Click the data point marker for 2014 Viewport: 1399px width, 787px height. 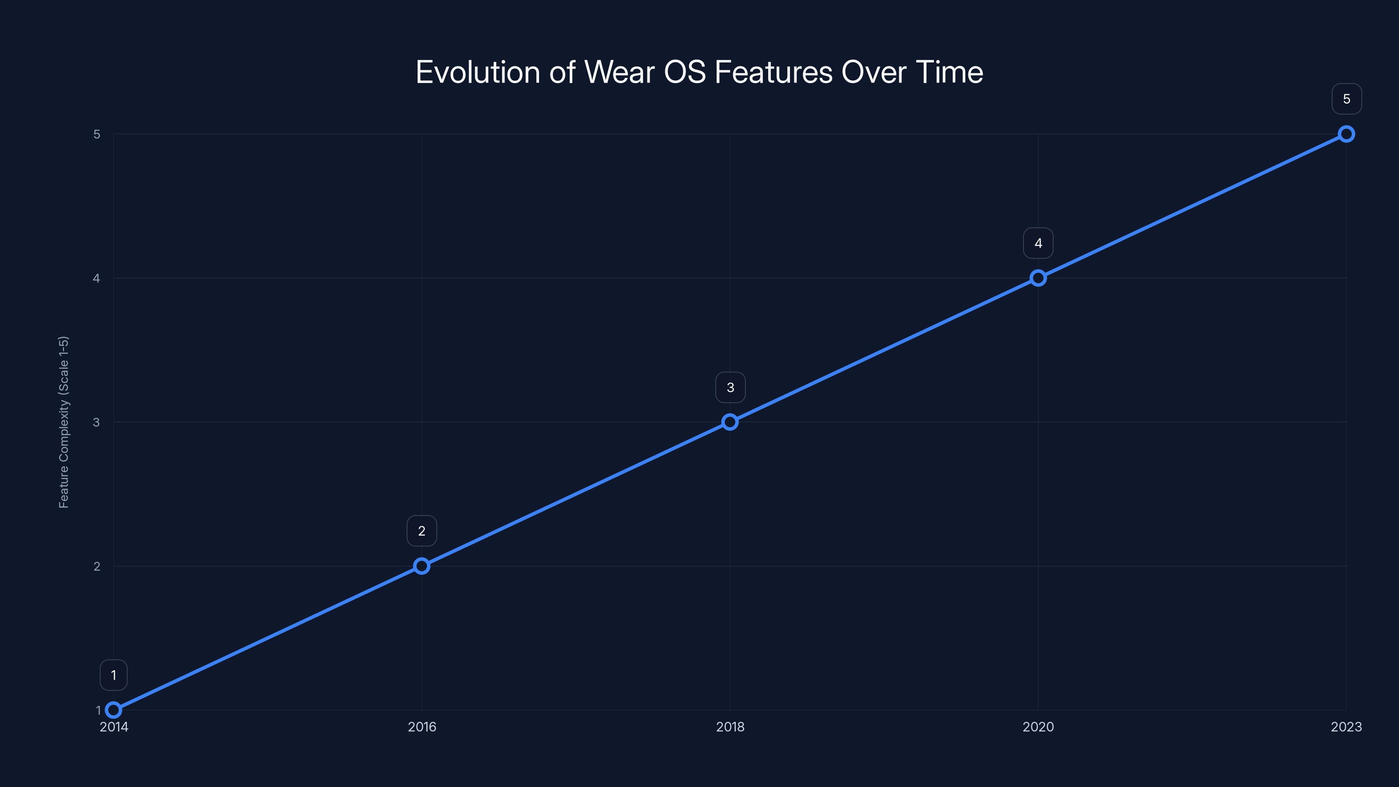coord(114,710)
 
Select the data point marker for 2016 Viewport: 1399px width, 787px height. coord(421,566)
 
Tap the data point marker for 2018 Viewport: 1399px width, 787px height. coord(730,422)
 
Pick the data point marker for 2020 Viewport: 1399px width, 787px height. coord(1038,278)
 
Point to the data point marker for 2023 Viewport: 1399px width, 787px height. coord(1347,134)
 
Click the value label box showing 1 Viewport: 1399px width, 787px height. coord(114,675)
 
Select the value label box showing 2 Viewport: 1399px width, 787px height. coord(421,531)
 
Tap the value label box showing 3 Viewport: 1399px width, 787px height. coord(730,387)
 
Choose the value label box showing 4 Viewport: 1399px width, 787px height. coord(1038,244)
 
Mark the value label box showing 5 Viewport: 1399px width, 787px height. coord(1347,99)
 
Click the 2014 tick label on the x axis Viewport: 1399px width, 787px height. coord(114,727)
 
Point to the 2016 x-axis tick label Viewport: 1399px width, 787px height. coord(421,727)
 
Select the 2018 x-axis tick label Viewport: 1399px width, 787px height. coord(730,727)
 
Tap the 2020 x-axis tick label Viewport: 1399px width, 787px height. coord(1038,727)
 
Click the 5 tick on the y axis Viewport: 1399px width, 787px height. coord(97,134)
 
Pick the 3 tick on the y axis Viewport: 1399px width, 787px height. coord(97,422)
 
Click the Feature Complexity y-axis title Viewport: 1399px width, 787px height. coord(63,422)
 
